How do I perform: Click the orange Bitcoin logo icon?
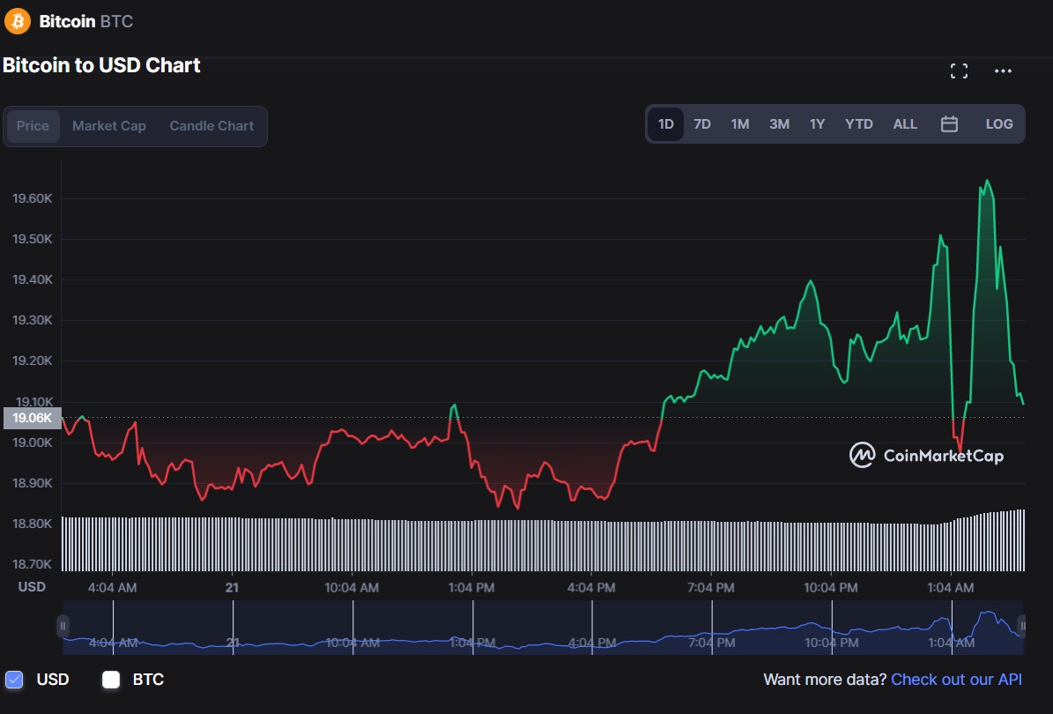(x=18, y=21)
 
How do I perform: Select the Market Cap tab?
(x=109, y=126)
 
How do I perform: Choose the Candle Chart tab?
(x=211, y=126)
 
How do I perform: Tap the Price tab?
(x=33, y=126)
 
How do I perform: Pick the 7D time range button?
(x=702, y=124)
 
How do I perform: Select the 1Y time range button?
(x=817, y=124)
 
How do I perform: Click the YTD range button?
(x=858, y=124)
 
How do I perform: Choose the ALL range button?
(x=905, y=124)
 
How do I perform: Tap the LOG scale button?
(x=999, y=124)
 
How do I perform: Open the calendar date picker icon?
(x=949, y=124)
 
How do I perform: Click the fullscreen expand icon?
(x=960, y=71)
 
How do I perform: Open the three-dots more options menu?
(x=1003, y=71)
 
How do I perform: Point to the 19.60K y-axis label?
(x=32, y=198)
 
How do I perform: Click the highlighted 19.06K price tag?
(x=33, y=418)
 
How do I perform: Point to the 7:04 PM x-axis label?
(x=711, y=587)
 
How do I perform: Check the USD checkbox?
(x=14, y=680)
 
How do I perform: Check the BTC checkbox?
(x=111, y=680)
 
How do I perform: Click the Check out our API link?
(x=956, y=680)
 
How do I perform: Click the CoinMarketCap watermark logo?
(x=926, y=456)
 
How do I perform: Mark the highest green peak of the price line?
(x=987, y=181)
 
